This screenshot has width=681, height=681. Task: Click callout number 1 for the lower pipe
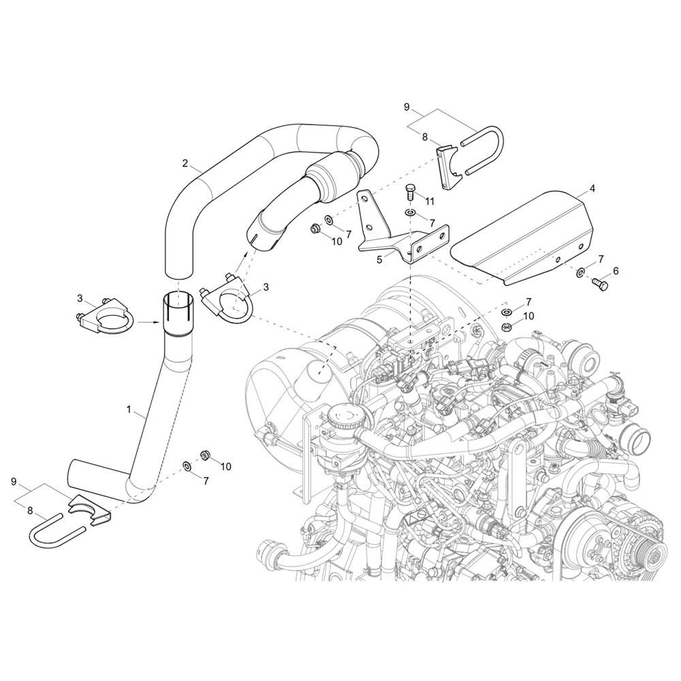point(129,409)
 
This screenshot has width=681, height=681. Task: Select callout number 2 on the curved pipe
point(185,163)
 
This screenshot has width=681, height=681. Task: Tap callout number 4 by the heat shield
point(592,189)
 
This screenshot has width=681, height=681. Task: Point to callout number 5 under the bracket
point(379,259)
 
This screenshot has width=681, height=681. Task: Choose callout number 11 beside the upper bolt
point(430,202)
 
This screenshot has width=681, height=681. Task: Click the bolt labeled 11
point(409,191)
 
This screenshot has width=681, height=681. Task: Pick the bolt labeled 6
point(601,284)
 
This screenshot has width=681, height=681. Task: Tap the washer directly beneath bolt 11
point(410,212)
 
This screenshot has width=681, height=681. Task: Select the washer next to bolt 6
point(580,273)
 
